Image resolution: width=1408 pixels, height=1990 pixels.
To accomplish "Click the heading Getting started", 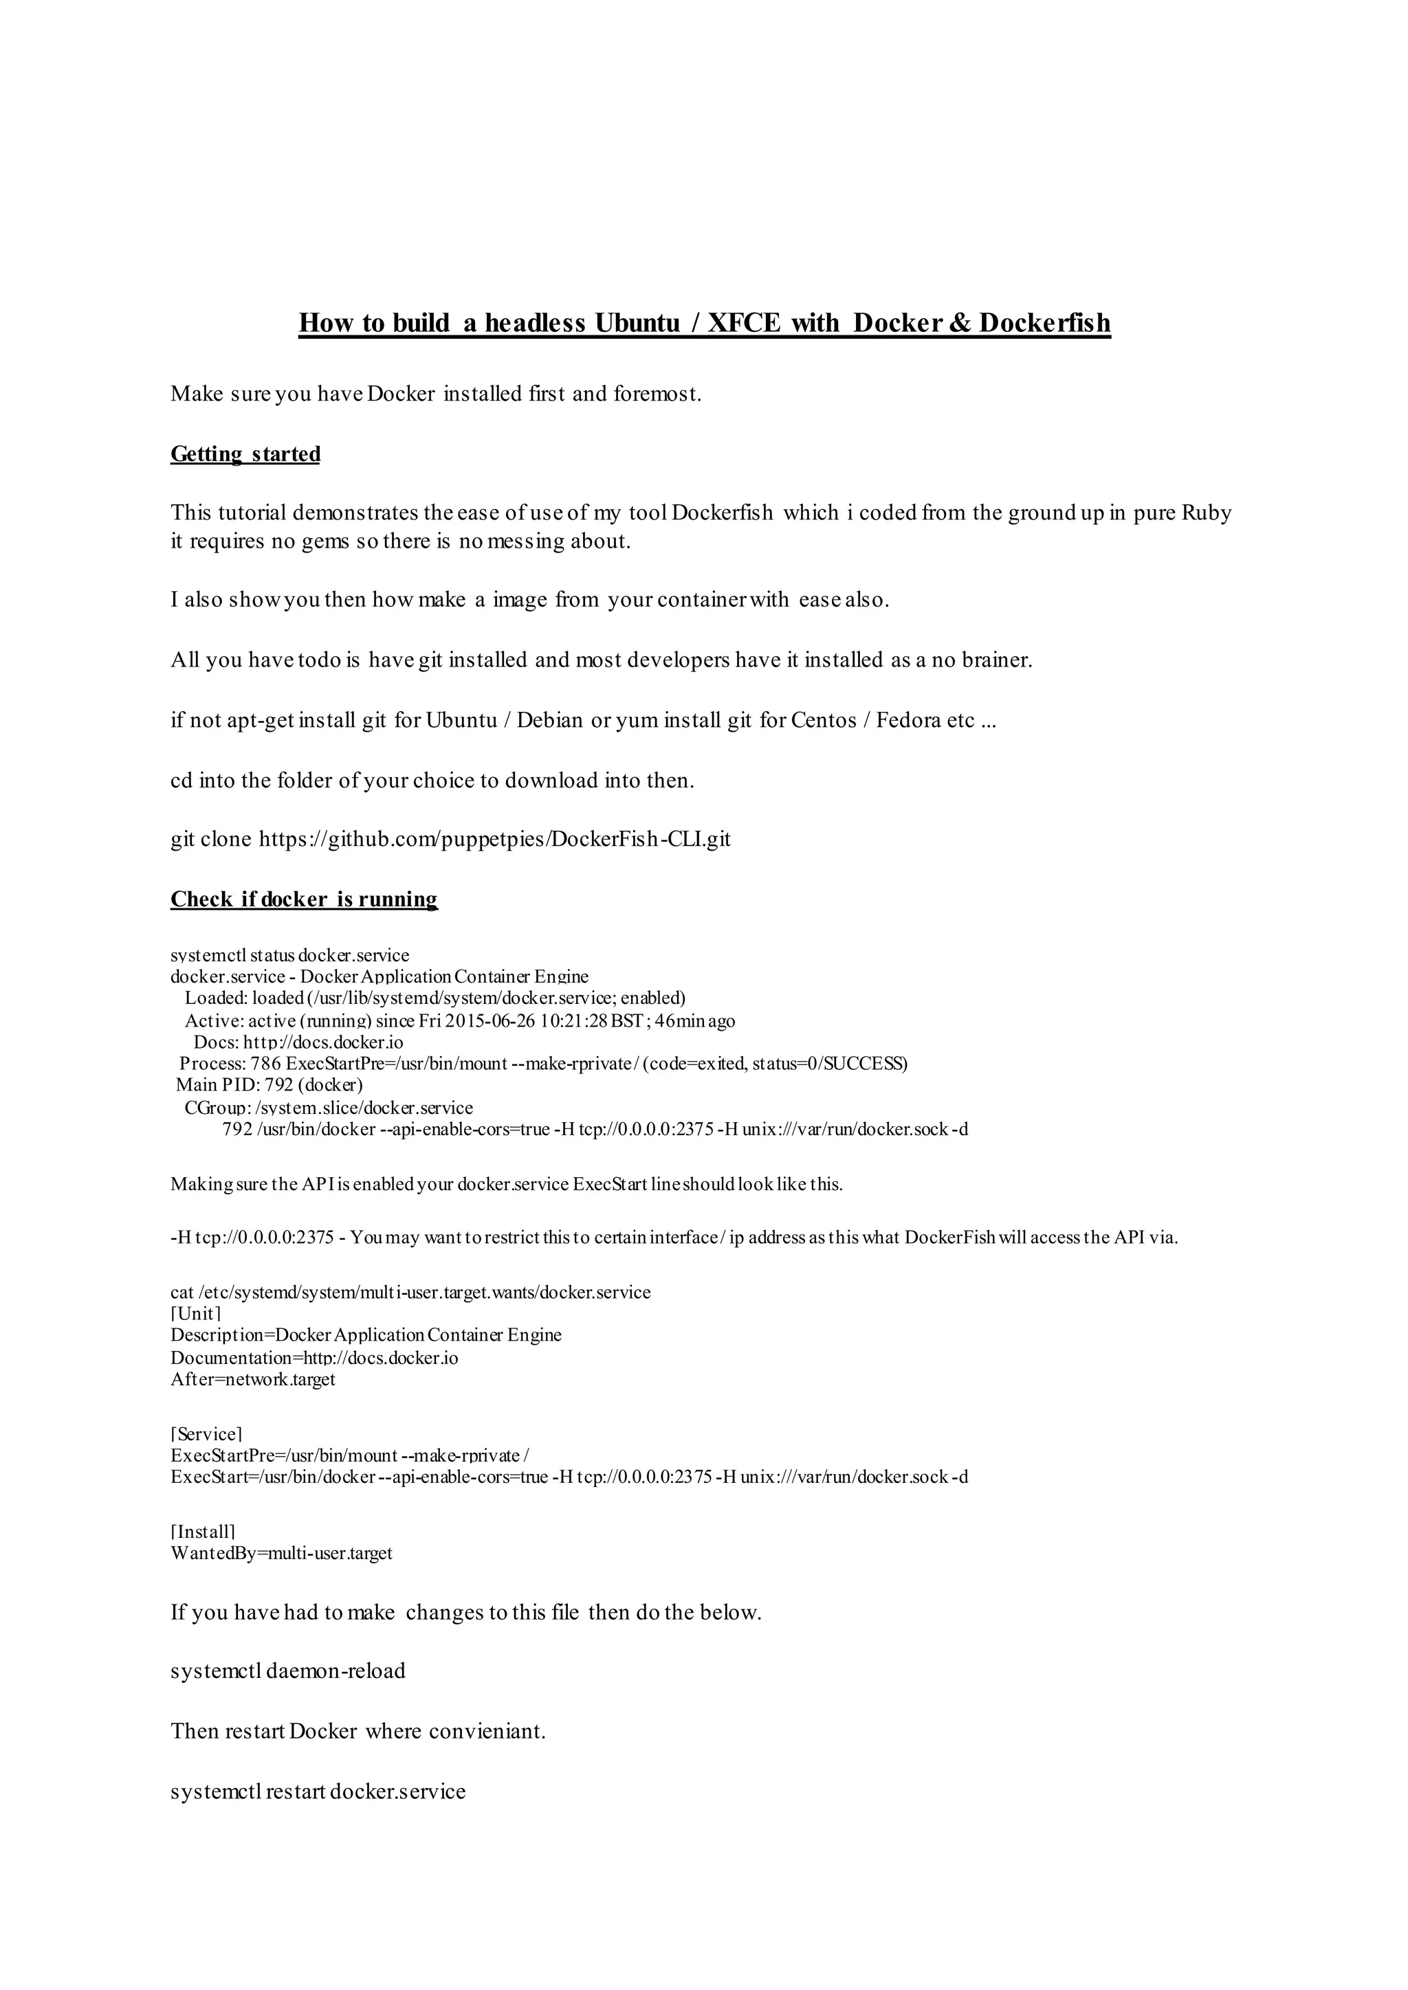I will pyautogui.click(x=245, y=454).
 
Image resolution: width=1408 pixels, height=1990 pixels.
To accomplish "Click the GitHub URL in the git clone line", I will pyautogui.click(x=494, y=839).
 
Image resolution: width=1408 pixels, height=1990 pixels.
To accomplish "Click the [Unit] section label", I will pyautogui.click(x=196, y=1313).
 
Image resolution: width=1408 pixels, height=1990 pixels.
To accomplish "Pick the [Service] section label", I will pyautogui.click(x=206, y=1434).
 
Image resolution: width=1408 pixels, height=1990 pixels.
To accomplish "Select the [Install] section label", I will pyautogui.click(x=203, y=1532).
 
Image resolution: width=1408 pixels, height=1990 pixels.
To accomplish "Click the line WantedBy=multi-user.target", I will pyautogui.click(x=282, y=1552).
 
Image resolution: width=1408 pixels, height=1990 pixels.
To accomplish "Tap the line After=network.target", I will pyautogui.click(x=252, y=1379).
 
